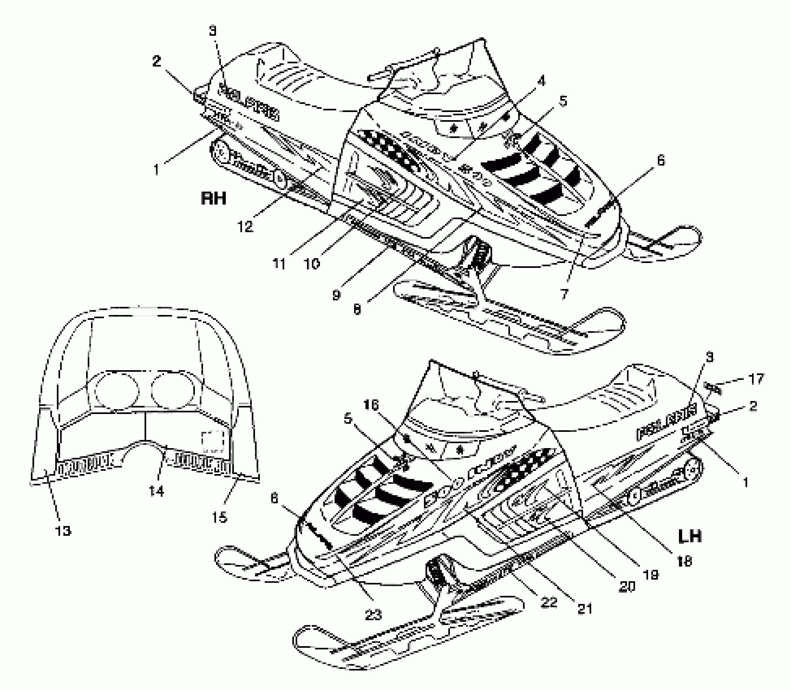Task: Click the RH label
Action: click(x=214, y=198)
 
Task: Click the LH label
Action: click(x=690, y=536)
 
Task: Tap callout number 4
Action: click(x=541, y=81)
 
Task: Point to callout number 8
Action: click(x=357, y=309)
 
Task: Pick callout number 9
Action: click(x=336, y=295)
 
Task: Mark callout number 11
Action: click(x=279, y=264)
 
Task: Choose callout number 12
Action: click(x=245, y=226)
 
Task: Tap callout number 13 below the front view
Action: click(x=63, y=530)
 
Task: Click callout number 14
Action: click(x=156, y=491)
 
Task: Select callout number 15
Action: click(x=219, y=517)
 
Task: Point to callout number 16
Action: click(x=371, y=405)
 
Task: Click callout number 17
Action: click(x=756, y=379)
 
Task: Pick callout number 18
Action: click(x=685, y=561)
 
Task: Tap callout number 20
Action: click(x=627, y=586)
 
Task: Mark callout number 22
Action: click(x=549, y=602)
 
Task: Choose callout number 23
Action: click(x=373, y=615)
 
